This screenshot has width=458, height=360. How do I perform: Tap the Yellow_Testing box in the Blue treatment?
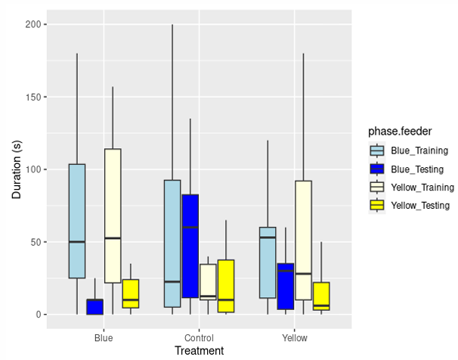click(131, 293)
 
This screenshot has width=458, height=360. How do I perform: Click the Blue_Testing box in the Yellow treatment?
click(285, 287)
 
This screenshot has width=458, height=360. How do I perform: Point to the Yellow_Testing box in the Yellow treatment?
click(321, 296)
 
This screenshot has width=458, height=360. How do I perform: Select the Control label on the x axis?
click(200, 337)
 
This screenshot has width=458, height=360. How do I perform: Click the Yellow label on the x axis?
click(294, 337)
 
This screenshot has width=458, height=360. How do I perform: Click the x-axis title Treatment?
click(199, 351)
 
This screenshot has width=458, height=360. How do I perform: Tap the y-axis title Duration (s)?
click(17, 169)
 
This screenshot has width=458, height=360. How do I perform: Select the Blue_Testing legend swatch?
click(377, 169)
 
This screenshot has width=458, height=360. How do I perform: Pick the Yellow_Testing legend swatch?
click(377, 205)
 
